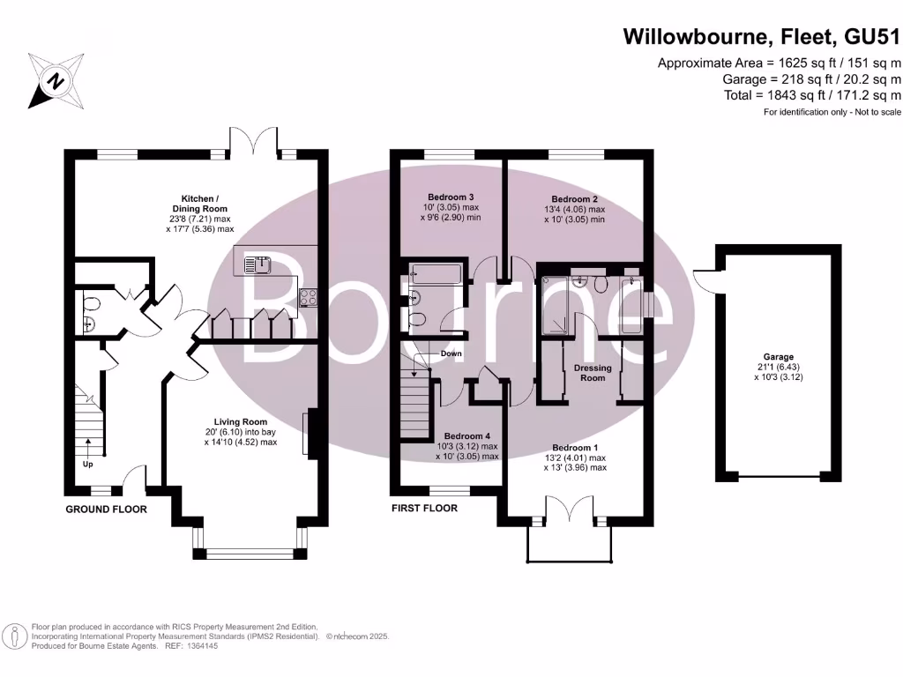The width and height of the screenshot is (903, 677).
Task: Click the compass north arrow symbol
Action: (x=56, y=82)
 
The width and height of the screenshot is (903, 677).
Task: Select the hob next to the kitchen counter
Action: (x=309, y=297)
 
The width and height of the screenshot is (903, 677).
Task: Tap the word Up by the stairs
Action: (x=87, y=464)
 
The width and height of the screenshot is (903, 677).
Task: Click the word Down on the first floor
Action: (x=451, y=353)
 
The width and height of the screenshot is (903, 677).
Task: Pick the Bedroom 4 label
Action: (x=467, y=436)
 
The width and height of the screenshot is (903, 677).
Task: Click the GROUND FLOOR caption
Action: (x=107, y=510)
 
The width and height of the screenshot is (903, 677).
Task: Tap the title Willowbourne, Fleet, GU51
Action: (x=762, y=37)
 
